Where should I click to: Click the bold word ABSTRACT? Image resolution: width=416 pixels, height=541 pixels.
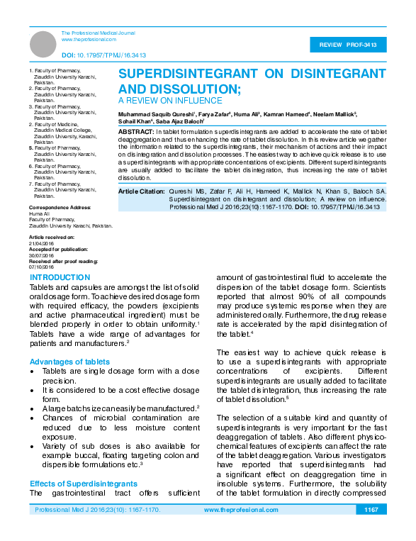pos(136,133)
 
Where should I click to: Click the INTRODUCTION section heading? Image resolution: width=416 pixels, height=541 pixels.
pos(60,277)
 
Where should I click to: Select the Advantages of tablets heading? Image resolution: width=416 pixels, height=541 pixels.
pos(69,362)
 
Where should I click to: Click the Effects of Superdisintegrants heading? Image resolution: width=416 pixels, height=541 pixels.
pos(84,484)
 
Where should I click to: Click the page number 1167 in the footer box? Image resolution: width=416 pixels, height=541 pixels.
pos(371,510)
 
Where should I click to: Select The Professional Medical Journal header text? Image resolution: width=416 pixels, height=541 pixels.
pos(98,33)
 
